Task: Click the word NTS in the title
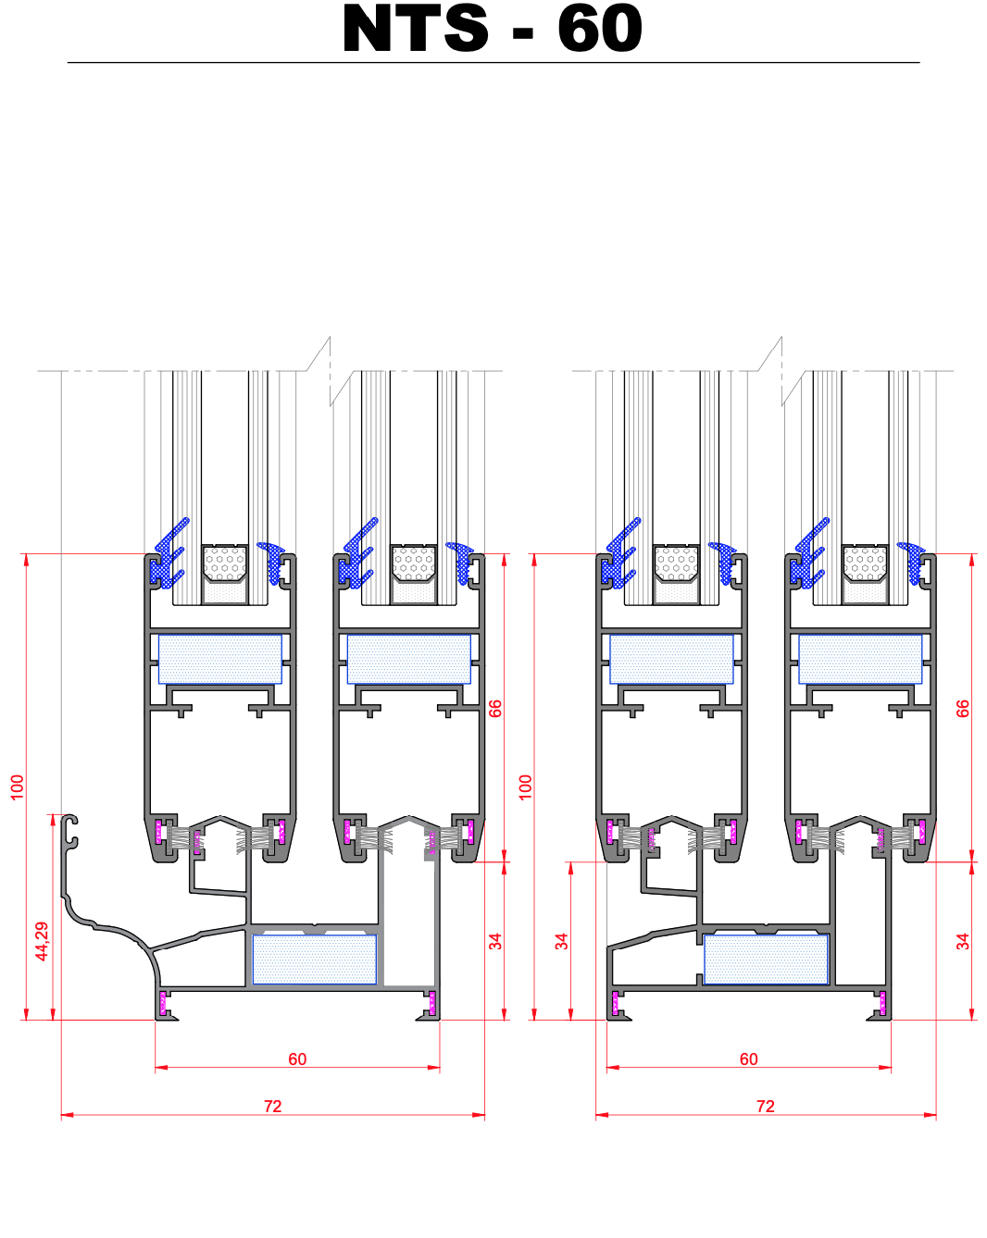point(415,28)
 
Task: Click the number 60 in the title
point(599,28)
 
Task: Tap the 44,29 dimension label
point(42,941)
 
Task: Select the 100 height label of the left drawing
point(18,787)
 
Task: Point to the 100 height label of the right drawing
point(525,787)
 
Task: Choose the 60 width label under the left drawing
point(297,1059)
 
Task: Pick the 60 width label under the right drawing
point(748,1059)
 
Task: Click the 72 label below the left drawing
point(272,1107)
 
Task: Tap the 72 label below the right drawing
point(765,1107)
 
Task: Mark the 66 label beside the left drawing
point(495,708)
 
